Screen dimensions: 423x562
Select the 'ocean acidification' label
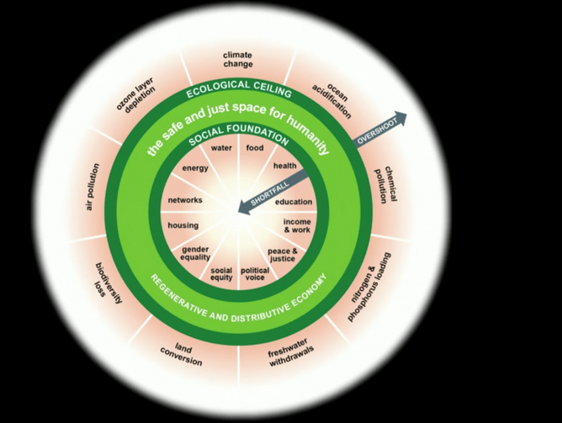click(326, 101)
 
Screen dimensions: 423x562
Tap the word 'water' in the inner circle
click(221, 148)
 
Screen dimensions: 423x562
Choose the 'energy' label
click(195, 168)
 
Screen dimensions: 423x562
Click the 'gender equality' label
click(195, 254)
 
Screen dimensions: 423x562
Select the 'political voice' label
click(255, 275)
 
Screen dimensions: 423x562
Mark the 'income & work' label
click(297, 225)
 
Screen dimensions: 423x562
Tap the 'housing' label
click(183, 226)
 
